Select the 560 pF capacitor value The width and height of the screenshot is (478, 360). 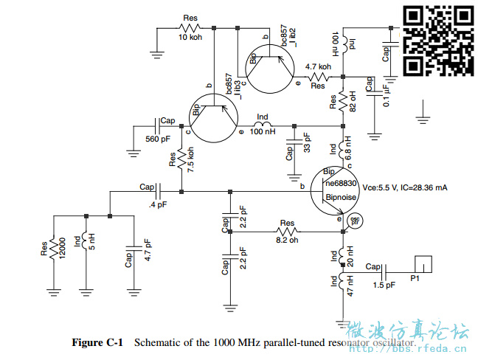tap(158, 139)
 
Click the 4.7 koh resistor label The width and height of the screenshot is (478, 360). tap(319, 67)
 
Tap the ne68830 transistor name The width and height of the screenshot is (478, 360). tap(342, 183)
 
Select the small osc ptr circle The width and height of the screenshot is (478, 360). tap(355, 221)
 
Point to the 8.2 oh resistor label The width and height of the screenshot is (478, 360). tap(287, 239)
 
